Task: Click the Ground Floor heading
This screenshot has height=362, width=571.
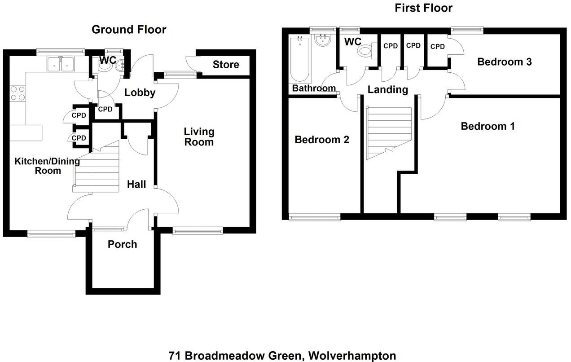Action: [129, 30]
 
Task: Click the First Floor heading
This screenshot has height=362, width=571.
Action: [423, 8]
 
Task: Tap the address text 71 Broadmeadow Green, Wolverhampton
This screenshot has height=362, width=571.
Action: [282, 356]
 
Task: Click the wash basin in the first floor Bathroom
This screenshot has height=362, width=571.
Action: [323, 41]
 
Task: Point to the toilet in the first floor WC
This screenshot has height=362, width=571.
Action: [365, 52]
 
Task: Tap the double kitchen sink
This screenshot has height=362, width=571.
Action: [61, 64]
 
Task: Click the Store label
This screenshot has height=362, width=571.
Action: [226, 65]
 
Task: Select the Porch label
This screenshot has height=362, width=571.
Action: [122, 244]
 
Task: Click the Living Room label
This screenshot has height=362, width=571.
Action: [199, 137]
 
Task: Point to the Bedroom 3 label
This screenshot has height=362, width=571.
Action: [504, 62]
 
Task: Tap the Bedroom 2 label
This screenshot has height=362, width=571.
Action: [321, 140]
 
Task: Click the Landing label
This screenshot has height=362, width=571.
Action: [387, 90]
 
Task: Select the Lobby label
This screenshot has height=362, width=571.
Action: [140, 93]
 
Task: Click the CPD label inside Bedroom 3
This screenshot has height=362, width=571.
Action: [437, 47]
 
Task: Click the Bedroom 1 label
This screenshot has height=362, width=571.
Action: [488, 126]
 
